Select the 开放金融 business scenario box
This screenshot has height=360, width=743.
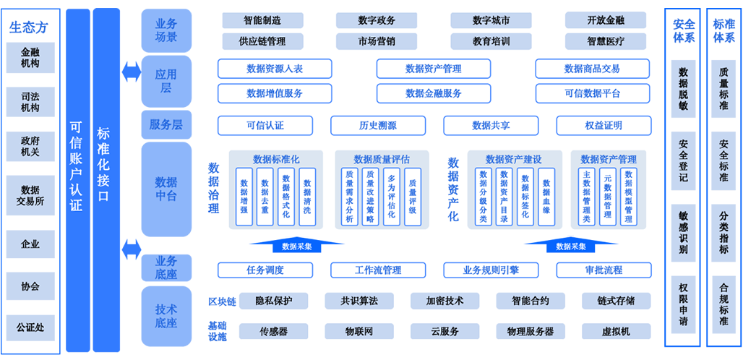[605, 20]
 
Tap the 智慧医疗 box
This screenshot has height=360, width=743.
[605, 41]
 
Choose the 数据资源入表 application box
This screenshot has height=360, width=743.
[275, 69]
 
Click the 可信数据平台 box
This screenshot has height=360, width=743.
[592, 93]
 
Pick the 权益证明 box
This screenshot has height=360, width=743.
[604, 125]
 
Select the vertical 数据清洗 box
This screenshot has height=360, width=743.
[307, 197]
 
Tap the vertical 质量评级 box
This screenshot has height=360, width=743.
[412, 197]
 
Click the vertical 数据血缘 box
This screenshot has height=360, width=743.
[546, 197]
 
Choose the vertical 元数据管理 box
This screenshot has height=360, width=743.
[608, 197]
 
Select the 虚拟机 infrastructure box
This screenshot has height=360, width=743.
[616, 331]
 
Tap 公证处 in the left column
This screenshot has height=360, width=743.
[30, 327]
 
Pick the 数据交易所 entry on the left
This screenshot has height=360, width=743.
[30, 196]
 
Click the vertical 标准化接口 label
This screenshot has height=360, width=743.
[103, 165]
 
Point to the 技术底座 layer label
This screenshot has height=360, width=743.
[166, 316]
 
